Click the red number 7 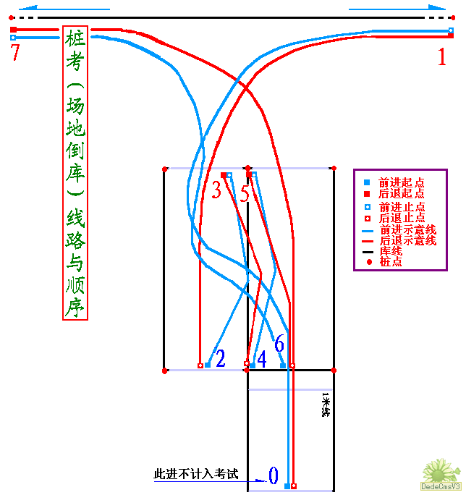(15, 52)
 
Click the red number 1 (442, 56)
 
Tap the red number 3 (216, 190)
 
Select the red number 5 (245, 193)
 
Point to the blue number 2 (221, 358)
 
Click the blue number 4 (262, 359)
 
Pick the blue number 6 (279, 343)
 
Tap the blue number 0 (274, 475)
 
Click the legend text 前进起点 (402, 182)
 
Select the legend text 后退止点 (402, 218)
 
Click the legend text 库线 (391, 251)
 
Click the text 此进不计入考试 (196, 474)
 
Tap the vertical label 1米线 (326, 405)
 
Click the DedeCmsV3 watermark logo (441, 475)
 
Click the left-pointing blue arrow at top (64, 8)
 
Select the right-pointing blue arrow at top (397, 8)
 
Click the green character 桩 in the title (75, 38)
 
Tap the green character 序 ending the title (75, 308)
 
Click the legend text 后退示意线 (407, 241)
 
